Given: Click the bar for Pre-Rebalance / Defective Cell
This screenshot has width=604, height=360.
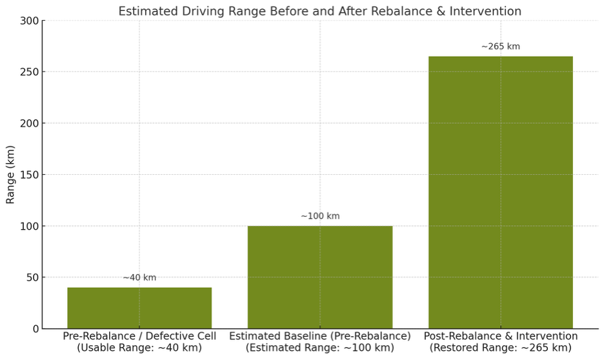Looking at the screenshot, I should pos(139,308).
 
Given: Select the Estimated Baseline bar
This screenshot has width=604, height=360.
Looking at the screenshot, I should pos(320,277).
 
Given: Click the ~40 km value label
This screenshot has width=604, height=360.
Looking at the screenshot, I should pos(139,277).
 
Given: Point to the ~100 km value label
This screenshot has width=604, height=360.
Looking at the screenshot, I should pos(320,216).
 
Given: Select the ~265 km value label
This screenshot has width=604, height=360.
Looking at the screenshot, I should pos(501,46).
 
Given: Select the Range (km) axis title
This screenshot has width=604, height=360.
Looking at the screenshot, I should pos(10,175).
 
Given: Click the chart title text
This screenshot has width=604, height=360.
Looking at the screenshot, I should pos(320,11).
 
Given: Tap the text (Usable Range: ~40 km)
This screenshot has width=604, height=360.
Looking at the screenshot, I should pos(139,348).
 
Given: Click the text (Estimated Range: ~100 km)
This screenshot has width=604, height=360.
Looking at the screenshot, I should pos(320,348).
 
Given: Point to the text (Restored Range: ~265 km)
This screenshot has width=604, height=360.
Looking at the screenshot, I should pos(501,348).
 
